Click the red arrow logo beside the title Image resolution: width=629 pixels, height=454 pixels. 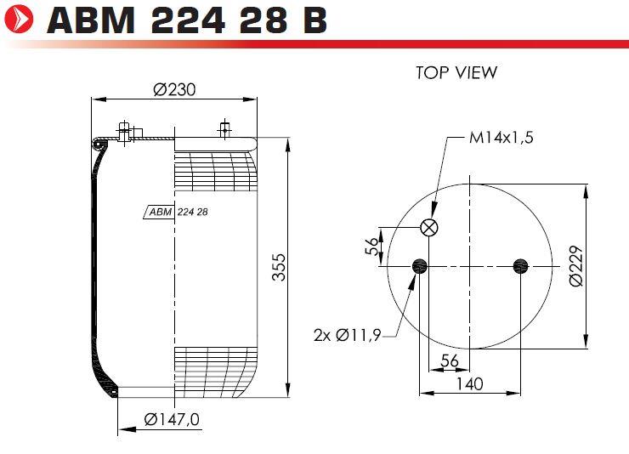[x=19, y=19]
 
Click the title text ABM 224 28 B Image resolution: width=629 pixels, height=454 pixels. [x=187, y=20]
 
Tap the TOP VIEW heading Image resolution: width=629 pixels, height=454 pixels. [x=456, y=72]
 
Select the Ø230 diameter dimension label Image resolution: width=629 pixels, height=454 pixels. [x=174, y=89]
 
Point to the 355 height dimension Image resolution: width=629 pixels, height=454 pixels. [x=279, y=267]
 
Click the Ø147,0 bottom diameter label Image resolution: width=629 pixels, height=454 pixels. [x=172, y=419]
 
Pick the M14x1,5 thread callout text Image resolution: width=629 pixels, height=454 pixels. [x=501, y=138]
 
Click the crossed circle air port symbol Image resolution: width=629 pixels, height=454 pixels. [x=429, y=228]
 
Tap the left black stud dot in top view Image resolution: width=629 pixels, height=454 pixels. [x=420, y=266]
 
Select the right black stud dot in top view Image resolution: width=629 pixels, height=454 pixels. [x=521, y=266]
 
